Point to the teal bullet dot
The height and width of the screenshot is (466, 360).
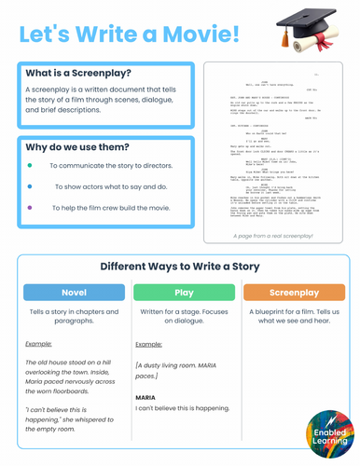pyautogui.click(x=31, y=164)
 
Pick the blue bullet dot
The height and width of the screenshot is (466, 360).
pyautogui.click(x=31, y=185)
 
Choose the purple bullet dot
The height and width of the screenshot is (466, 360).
pyautogui.click(x=31, y=206)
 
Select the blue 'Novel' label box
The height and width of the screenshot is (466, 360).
pyautogui.click(x=73, y=293)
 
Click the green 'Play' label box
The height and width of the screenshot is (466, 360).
pyautogui.click(x=184, y=293)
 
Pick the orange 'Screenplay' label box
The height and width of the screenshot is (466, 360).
pyautogui.click(x=293, y=293)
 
